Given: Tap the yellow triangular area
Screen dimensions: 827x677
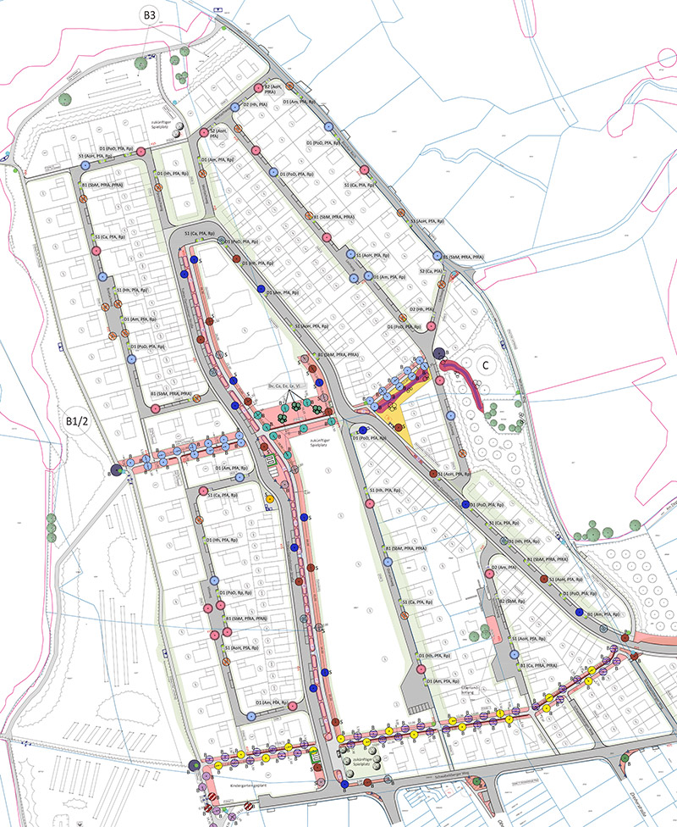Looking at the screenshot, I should point(400,415).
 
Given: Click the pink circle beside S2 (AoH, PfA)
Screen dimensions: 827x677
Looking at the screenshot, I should point(204,134).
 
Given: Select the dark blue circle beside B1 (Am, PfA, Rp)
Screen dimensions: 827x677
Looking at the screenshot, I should point(580,612).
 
